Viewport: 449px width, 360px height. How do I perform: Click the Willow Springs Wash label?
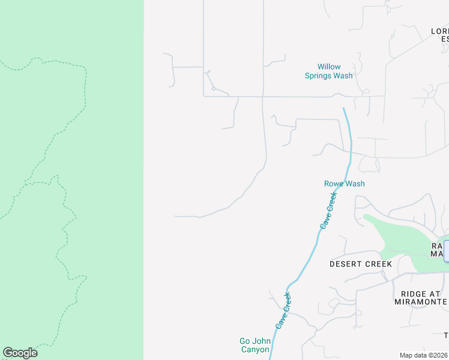coord(328,71)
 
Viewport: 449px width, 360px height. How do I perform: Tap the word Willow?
coord(329,67)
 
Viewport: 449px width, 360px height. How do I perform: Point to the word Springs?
coord(321,76)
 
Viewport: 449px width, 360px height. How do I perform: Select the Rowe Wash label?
coord(344,184)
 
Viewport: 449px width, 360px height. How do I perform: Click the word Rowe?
coord(333,184)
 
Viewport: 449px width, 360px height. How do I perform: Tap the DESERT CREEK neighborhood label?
coord(360,264)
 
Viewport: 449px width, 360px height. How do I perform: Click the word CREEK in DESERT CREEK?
coord(378,264)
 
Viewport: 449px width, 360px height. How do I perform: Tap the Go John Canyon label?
coord(255,346)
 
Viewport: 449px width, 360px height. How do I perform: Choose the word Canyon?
coord(255,350)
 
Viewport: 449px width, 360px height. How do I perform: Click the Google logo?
coord(20,353)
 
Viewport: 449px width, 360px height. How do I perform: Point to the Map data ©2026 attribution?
coord(423,355)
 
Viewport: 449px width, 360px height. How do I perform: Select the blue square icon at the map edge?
coord(446,251)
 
